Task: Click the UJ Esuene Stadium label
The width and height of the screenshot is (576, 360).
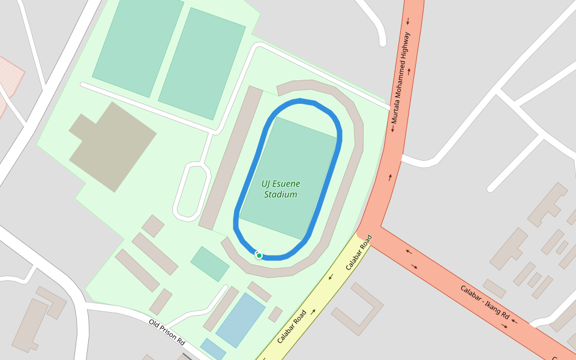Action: pyautogui.click(x=281, y=189)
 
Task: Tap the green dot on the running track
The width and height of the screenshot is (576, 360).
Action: pyautogui.click(x=259, y=256)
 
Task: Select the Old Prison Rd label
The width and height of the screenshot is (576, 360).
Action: pyautogui.click(x=167, y=332)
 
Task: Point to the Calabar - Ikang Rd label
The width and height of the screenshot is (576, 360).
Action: pyautogui.click(x=485, y=302)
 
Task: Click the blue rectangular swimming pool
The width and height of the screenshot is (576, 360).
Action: pyautogui.click(x=241, y=320)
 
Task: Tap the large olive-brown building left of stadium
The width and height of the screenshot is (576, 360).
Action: pyautogui.click(x=112, y=146)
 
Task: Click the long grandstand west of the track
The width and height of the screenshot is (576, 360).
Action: pyautogui.click(x=230, y=158)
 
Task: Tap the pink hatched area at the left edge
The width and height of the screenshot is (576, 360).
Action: pyautogui.click(x=8, y=78)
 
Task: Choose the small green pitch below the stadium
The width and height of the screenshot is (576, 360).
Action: pyautogui.click(x=210, y=263)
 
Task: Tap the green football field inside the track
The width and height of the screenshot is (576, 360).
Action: pyautogui.click(x=289, y=178)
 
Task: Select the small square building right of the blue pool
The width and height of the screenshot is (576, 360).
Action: pyautogui.click(x=275, y=314)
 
